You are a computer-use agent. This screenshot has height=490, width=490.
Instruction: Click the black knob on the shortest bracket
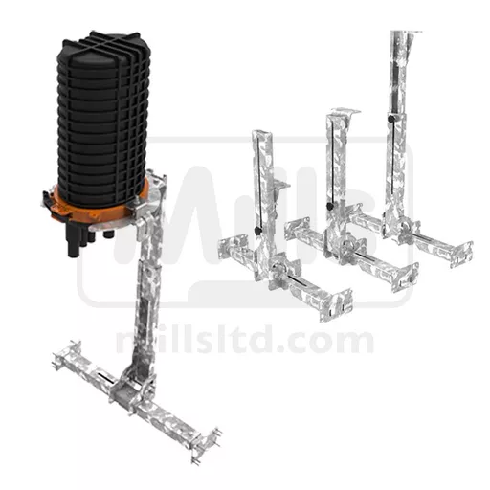(x=258, y=230)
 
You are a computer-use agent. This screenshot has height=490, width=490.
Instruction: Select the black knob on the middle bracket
(x=331, y=206)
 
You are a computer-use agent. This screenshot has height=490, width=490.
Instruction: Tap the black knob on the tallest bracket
(x=391, y=119)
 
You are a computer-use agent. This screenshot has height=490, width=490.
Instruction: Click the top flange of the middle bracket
(x=345, y=112)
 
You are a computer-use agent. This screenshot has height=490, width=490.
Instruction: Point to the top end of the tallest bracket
(x=406, y=33)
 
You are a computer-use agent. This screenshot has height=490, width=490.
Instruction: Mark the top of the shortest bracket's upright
(x=262, y=132)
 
